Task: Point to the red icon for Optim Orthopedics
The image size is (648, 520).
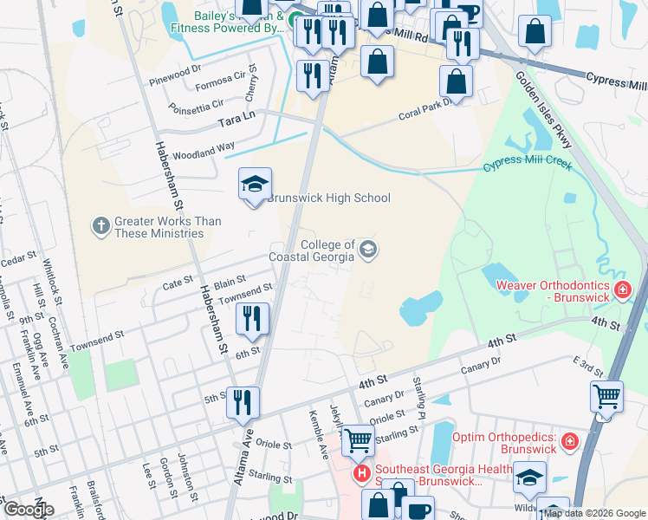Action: pyautogui.click(x=569, y=442)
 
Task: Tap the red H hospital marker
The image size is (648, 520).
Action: pyautogui.click(x=362, y=474)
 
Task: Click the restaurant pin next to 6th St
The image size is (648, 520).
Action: pyautogui.click(x=253, y=319)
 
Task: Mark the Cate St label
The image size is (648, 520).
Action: pyautogui.click(x=177, y=283)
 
